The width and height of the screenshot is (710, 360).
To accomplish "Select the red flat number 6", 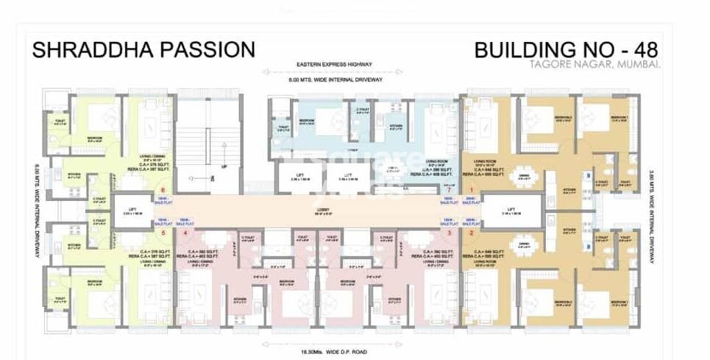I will pyautogui.click(x=162, y=191).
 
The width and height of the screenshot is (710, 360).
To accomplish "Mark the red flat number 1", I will pyautogui.click(x=471, y=191).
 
